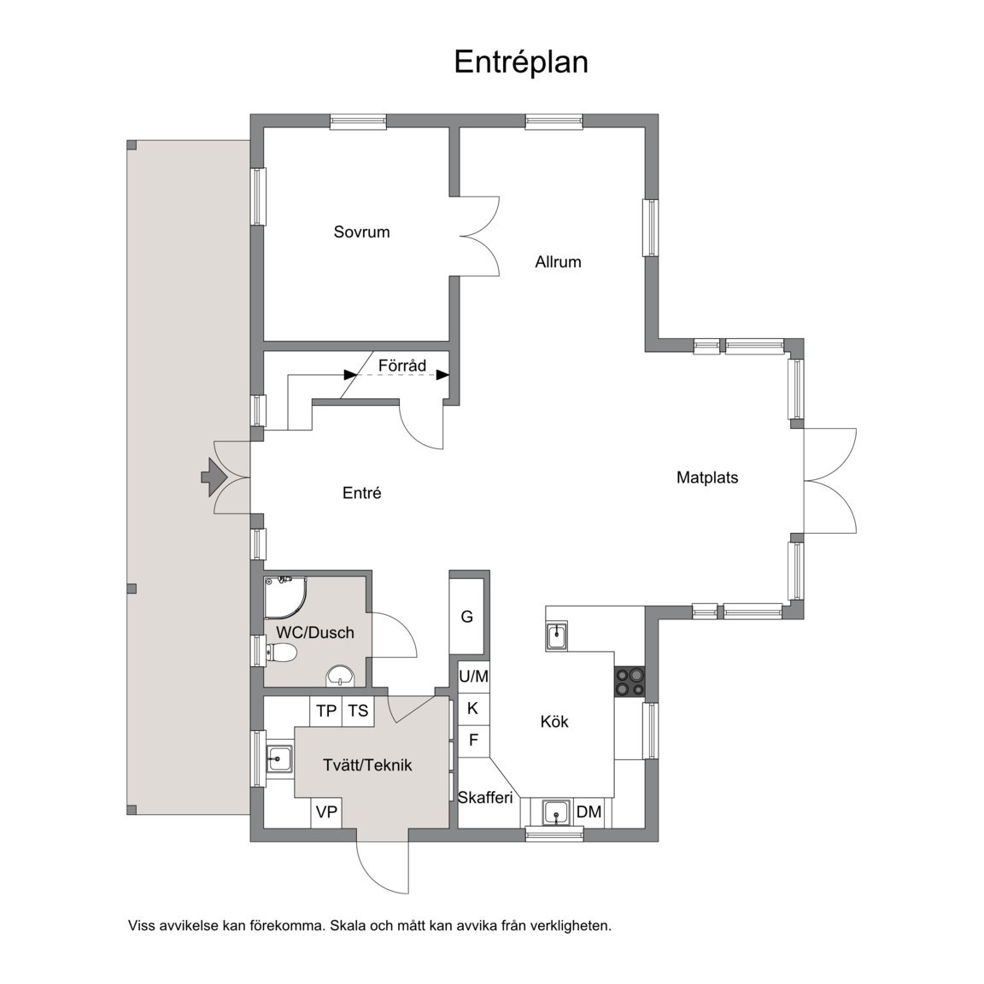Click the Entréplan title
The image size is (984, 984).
[521, 62]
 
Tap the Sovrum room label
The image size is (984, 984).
[361, 232]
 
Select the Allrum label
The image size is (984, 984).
[558, 261]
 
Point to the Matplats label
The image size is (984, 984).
[707, 477]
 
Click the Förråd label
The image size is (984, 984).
[402, 366]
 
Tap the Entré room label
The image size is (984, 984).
[362, 493]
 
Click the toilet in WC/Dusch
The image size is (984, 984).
[281, 653]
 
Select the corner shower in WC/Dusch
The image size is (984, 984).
[285, 596]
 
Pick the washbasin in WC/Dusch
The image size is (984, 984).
[341, 676]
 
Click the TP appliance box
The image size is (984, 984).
[326, 711]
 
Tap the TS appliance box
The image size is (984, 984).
[359, 711]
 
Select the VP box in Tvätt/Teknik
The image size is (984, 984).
[326, 812]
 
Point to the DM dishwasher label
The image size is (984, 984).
[589, 812]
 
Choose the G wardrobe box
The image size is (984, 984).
[467, 617]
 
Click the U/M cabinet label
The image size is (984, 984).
[474, 676]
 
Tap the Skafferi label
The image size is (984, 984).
[485, 798]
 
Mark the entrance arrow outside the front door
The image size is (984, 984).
[214, 477]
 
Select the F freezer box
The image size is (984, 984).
[474, 741]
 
